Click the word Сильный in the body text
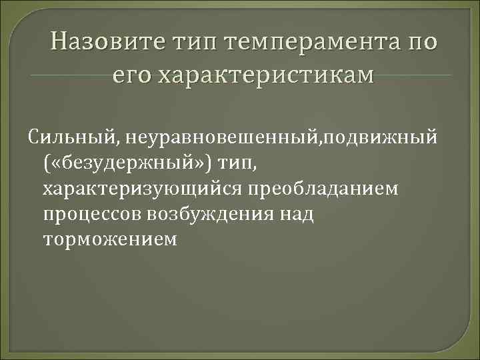pyautogui.click(x=63, y=139)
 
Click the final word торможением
pyautogui.click(x=110, y=240)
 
